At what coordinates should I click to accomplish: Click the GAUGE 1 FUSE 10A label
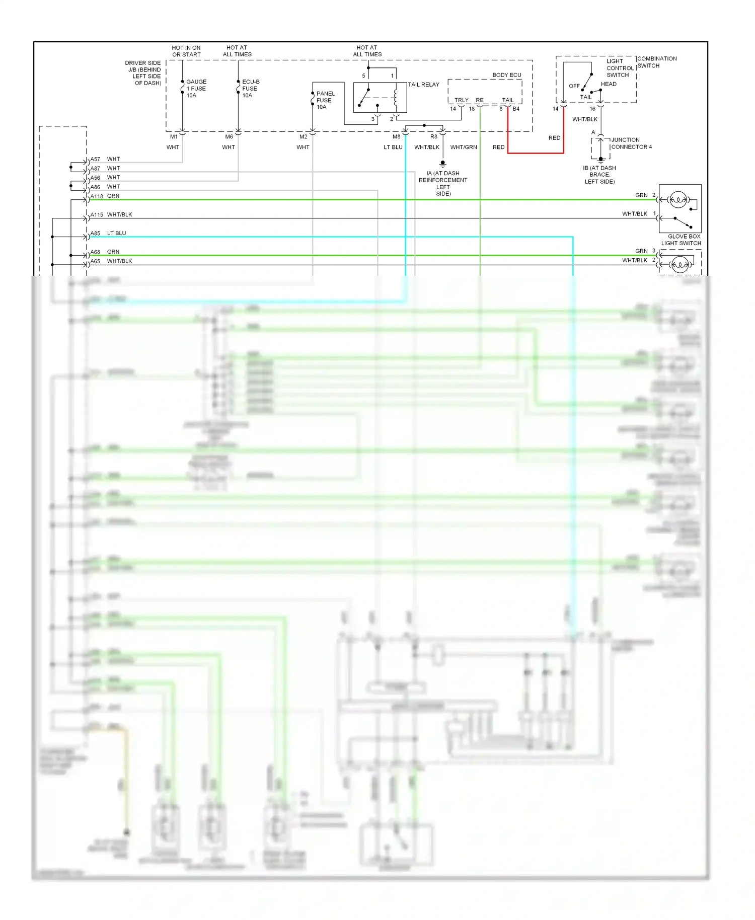tap(196, 89)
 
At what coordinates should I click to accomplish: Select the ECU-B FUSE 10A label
tap(250, 89)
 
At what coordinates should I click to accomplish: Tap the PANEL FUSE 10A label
tap(325, 100)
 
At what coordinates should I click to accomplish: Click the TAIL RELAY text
tap(423, 85)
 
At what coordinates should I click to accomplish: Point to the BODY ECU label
tap(506, 75)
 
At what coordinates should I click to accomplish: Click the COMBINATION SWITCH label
tap(656, 62)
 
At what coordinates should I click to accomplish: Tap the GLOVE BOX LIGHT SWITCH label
tap(681, 240)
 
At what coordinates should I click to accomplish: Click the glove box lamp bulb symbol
tap(678, 200)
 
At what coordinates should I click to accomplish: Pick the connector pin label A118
tap(97, 196)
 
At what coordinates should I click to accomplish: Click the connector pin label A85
tap(95, 234)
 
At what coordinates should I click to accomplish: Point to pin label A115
tap(97, 215)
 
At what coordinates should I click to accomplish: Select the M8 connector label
tap(396, 136)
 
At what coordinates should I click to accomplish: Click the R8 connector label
tap(433, 136)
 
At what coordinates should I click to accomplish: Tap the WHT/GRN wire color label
tap(463, 147)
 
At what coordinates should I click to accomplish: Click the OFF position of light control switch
tap(574, 86)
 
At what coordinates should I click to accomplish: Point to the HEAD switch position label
tap(608, 84)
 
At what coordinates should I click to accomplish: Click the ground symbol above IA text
tap(442, 164)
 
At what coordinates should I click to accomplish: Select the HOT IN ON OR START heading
tap(186, 51)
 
